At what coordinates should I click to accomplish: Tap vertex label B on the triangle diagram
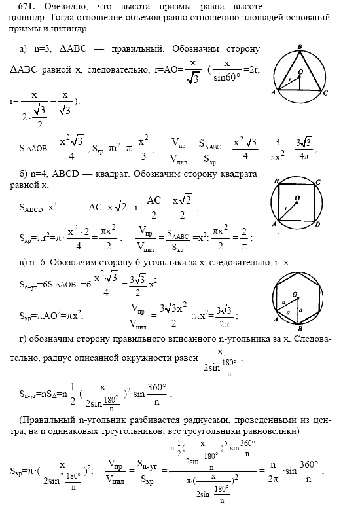click(x=298, y=47)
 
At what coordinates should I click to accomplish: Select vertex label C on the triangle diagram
click(x=325, y=94)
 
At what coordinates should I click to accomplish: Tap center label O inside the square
click(x=297, y=197)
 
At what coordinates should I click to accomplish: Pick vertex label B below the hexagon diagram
click(x=298, y=329)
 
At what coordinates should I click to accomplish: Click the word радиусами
click(x=196, y=420)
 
